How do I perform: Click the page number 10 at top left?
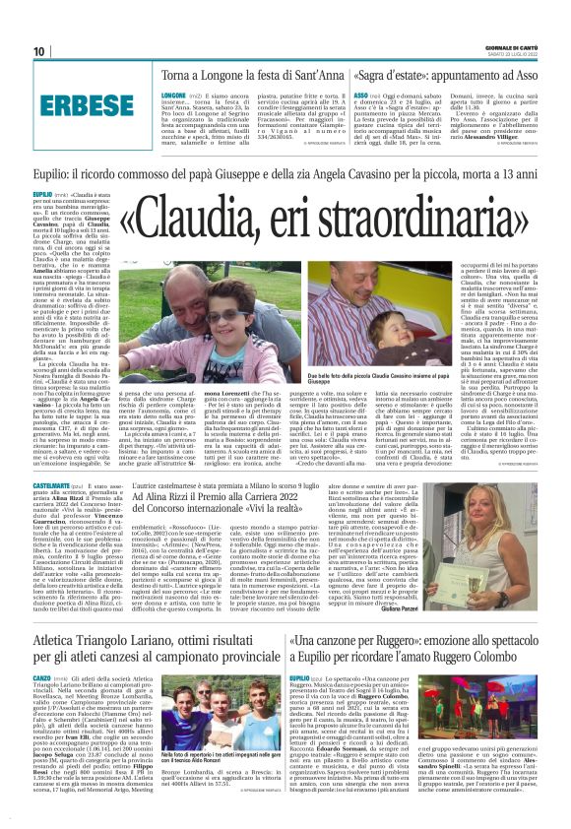click(40, 52)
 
